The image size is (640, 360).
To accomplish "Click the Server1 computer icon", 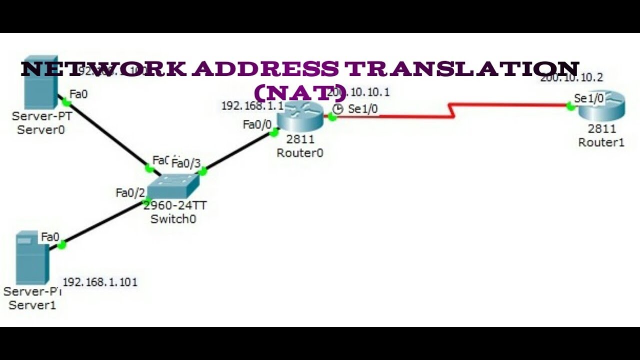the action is click(x=32, y=257).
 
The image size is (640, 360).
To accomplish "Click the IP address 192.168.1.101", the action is click(x=100, y=282).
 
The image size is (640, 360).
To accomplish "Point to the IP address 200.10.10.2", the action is click(x=571, y=77).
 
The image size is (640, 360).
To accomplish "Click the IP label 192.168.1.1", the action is click(x=252, y=106).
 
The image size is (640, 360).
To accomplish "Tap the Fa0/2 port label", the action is click(x=129, y=192).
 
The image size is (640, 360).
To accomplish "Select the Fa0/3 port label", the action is click(x=186, y=163).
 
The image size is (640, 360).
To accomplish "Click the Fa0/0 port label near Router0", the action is click(x=257, y=124).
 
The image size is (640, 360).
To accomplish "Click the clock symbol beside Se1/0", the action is click(x=338, y=109).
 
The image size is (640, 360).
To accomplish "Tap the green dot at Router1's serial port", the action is click(x=569, y=105).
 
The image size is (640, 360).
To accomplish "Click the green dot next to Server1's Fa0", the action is click(x=61, y=245).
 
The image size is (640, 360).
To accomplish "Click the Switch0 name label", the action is click(x=173, y=219).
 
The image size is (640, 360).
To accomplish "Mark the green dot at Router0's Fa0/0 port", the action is click(x=273, y=133).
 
